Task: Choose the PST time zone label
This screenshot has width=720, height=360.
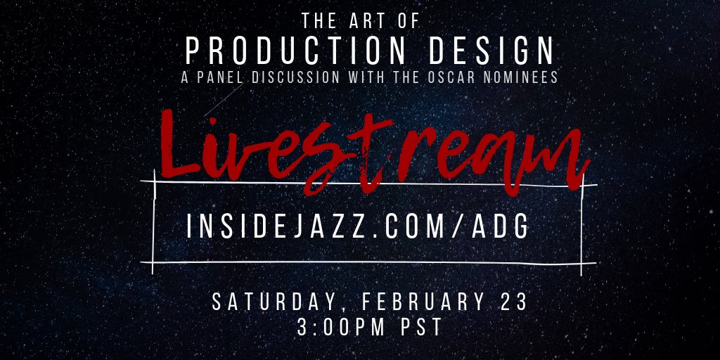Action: tap(418, 328)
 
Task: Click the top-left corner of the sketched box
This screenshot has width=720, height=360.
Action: tap(155, 182)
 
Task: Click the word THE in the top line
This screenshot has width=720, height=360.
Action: tap(318, 21)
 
